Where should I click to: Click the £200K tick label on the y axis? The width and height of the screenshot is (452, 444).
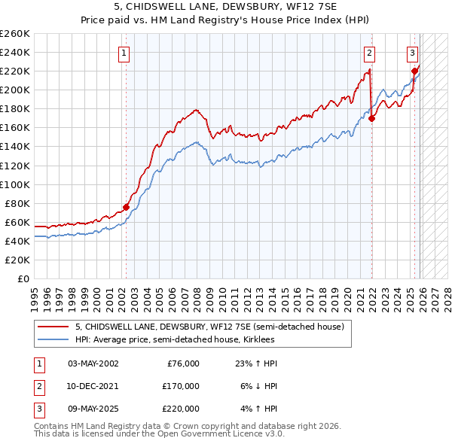tap(15, 90)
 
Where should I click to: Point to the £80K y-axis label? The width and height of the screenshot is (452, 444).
tap(17, 203)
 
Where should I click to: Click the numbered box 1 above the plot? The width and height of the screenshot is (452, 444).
tap(123, 53)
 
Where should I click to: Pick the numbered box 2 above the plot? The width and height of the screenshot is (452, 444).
tap(370, 53)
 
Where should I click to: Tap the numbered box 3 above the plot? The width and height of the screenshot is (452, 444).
tap(413, 53)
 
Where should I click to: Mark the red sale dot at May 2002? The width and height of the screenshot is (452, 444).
tap(126, 207)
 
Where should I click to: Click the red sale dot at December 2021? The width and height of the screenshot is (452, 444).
tap(372, 118)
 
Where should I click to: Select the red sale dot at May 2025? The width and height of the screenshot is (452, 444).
tap(414, 71)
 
